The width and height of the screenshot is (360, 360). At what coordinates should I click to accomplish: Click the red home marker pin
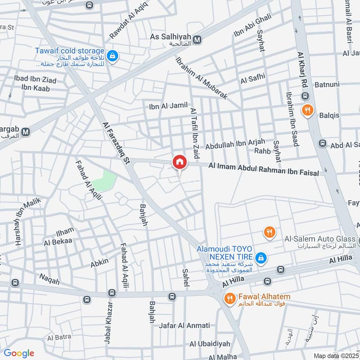pos(180,162)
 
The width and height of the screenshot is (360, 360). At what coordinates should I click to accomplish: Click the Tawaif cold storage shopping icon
pos(112,56)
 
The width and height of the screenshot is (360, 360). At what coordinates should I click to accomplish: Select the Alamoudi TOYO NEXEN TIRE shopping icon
pos(260,258)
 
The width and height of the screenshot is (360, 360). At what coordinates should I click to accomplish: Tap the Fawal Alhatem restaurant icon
pos(229,297)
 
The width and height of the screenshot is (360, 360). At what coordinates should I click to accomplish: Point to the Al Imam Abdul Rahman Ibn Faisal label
pos(263,169)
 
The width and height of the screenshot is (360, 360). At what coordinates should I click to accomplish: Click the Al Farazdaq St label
pos(116,143)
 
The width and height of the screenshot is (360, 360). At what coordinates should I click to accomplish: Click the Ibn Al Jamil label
pos(168,107)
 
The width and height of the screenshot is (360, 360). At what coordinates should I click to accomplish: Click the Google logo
pos(19,353)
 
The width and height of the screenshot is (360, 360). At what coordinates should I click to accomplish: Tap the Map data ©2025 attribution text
pos(336,355)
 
